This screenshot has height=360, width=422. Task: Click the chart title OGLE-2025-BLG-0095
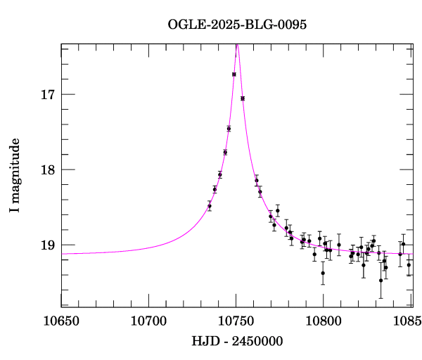pyautogui.click(x=237, y=24)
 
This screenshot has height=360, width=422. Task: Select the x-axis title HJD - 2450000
pyautogui.click(x=237, y=342)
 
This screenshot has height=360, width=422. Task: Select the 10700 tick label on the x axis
pyautogui.click(x=148, y=323)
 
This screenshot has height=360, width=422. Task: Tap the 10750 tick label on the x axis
pyautogui.click(x=236, y=323)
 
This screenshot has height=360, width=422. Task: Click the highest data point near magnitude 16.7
pyautogui.click(x=234, y=74)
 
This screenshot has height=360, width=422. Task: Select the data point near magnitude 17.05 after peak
pyautogui.click(x=243, y=98)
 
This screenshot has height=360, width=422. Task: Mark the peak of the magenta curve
pyautogui.click(x=238, y=45)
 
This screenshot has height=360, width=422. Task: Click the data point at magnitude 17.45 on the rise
pyautogui.click(x=229, y=128)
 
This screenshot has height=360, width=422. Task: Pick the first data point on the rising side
pyautogui.click(x=210, y=205)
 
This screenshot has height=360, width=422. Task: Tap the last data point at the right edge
pyautogui.click(x=409, y=264)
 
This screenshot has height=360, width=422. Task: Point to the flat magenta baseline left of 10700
pyautogui.click(x=105, y=252)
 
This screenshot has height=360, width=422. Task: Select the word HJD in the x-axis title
pyautogui.click(x=204, y=342)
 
